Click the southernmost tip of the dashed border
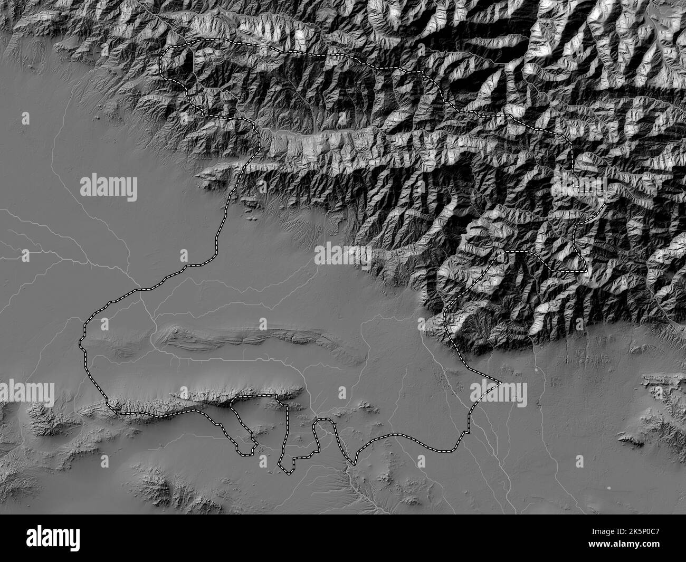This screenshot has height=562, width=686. click(x=288, y=473)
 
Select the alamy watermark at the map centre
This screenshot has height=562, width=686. click(x=342, y=255)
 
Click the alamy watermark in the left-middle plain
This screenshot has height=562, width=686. click(x=109, y=187)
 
